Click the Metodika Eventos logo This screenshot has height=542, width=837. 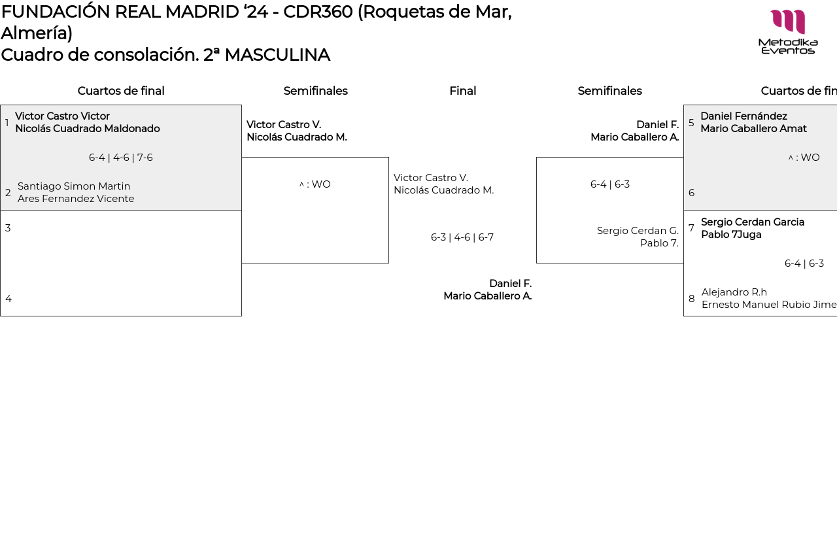click(788, 31)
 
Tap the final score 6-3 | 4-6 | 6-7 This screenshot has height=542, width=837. click(462, 237)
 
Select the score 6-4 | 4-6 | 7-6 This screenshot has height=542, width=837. click(121, 158)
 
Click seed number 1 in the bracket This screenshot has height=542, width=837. click(7, 123)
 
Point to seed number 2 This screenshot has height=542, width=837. click(8, 193)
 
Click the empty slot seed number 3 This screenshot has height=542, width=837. click(8, 228)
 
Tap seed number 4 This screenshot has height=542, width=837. click(9, 299)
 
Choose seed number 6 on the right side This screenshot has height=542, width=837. click(691, 193)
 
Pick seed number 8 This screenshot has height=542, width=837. click(691, 299)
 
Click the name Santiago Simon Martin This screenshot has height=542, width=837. click(74, 186)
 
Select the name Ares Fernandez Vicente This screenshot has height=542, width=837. click(76, 199)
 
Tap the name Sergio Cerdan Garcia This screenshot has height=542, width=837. click(753, 222)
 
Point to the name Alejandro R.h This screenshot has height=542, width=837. click(734, 292)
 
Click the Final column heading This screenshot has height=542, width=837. click(462, 91)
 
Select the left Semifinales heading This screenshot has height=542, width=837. click(315, 91)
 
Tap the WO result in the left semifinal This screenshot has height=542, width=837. click(315, 184)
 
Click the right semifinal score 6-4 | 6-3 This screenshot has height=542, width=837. click(609, 184)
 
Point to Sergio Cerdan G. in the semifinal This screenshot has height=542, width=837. click(638, 231)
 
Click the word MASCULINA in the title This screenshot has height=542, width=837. click(277, 55)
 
